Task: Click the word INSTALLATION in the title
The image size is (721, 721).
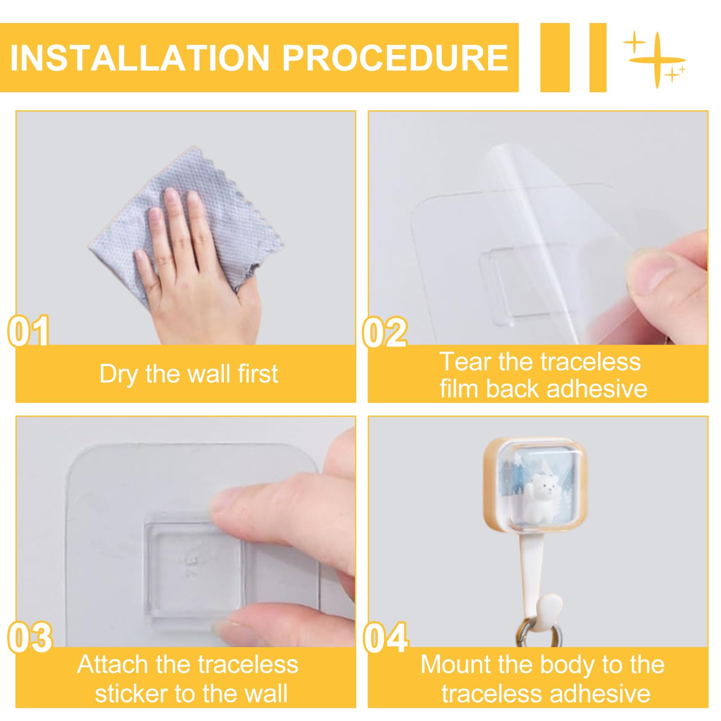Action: pos(140,58)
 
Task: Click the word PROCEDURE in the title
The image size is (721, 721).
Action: pos(395,58)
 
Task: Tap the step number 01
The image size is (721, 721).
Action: pos(29,331)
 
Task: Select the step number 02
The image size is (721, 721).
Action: pos(385,332)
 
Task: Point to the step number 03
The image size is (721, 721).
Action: pos(30,638)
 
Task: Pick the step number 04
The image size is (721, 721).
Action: pos(386,638)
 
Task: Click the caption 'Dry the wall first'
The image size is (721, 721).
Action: pos(189,374)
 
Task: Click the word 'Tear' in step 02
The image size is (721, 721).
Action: pos(465,362)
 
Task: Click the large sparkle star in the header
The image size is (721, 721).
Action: pos(657,59)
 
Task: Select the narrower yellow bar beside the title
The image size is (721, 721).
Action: pos(598,58)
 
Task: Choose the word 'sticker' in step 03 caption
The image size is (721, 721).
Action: pos(132,694)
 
